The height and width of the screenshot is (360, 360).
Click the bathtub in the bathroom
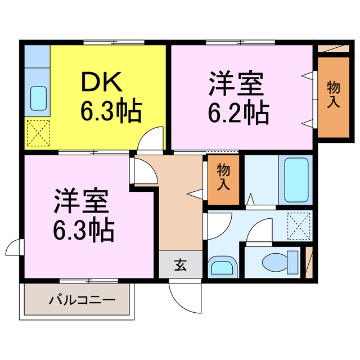point(298,180)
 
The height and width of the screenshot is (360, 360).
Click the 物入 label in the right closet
point(333,94)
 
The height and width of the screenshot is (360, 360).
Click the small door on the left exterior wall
point(14,248)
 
